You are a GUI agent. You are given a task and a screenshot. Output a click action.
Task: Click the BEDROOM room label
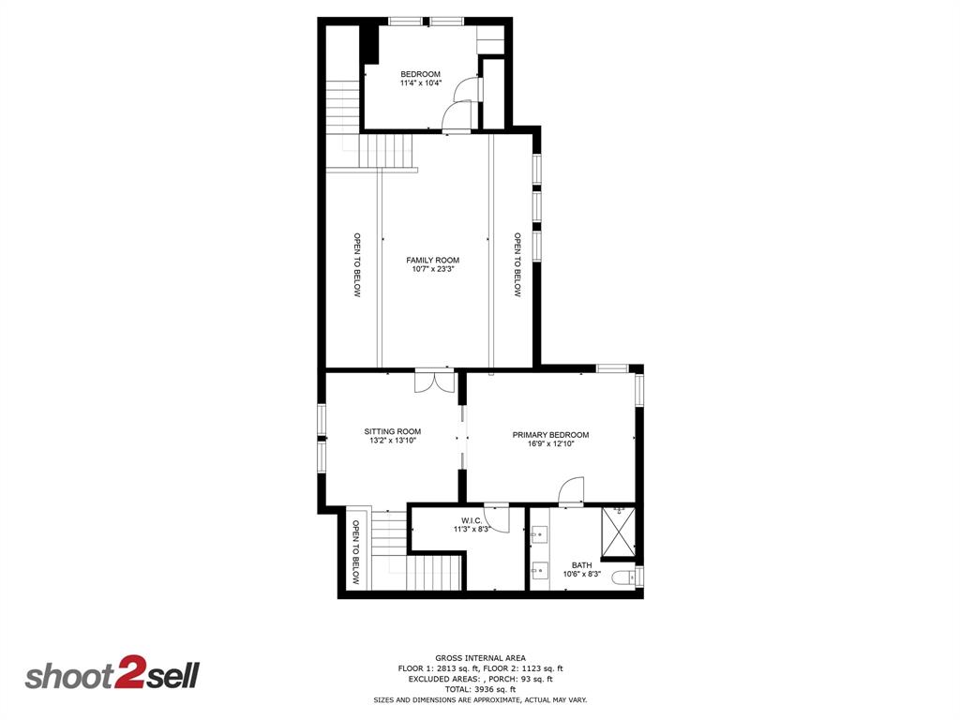click(x=420, y=74)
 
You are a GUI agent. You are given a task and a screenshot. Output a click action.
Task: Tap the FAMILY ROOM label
click(x=432, y=260)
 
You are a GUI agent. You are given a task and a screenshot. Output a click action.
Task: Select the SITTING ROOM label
click(x=392, y=431)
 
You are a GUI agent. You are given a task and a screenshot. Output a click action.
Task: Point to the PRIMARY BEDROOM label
click(x=550, y=434)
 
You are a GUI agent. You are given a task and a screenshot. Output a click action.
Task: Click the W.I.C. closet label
click(x=472, y=520)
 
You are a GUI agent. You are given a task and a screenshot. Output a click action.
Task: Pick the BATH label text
click(x=582, y=565)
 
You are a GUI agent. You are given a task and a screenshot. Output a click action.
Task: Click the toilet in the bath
click(x=624, y=577)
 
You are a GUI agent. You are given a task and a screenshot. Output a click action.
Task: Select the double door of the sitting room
click(x=434, y=382)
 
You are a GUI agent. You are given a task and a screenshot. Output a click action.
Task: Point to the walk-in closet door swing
click(x=497, y=518)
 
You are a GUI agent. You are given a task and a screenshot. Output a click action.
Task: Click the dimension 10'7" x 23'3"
click(x=432, y=269)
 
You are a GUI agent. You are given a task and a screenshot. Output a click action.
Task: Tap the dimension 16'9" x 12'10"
click(x=550, y=443)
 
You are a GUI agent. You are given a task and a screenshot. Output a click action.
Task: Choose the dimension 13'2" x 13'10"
click(x=392, y=440)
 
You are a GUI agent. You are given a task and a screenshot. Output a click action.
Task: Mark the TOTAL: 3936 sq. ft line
click(x=480, y=689)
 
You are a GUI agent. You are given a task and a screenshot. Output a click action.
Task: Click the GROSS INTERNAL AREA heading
click(x=480, y=657)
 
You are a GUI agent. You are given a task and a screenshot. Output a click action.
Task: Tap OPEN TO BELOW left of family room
click(x=357, y=264)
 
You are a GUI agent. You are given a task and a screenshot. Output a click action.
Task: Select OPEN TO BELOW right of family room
click(x=517, y=264)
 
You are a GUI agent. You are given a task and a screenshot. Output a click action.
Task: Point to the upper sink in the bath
click(x=540, y=535)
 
